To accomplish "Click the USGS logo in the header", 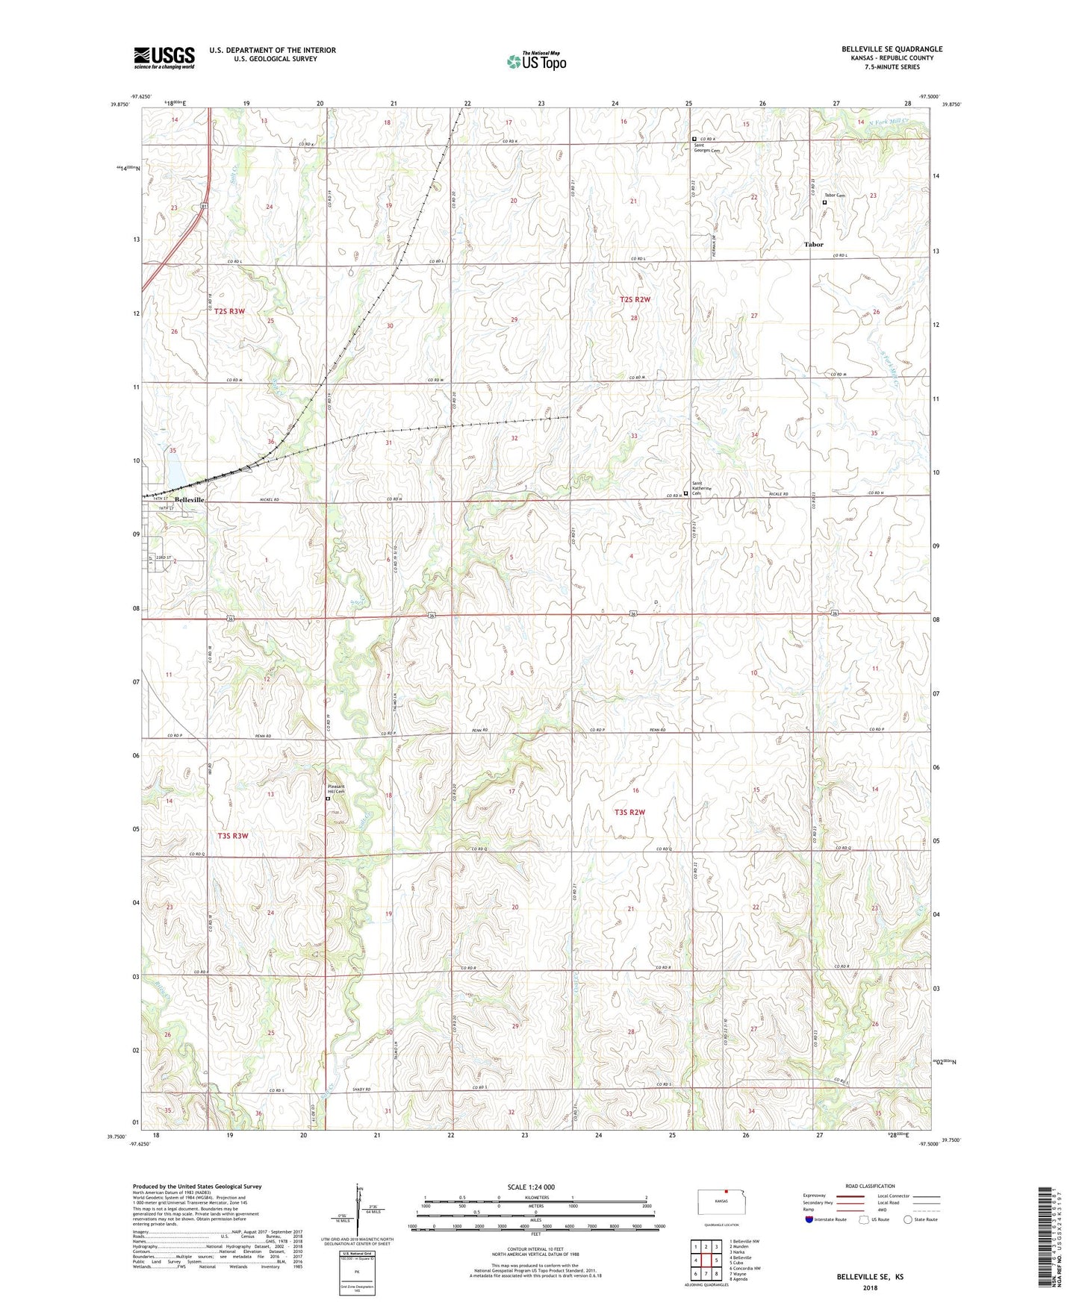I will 164,57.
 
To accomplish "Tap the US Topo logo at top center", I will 535,61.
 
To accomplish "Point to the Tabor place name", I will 813,244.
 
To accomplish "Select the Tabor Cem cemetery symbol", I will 824,202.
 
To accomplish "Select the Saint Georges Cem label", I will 706,149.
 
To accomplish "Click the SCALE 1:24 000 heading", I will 530,1187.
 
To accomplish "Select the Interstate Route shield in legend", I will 809,1219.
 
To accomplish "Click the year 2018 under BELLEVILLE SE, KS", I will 870,1287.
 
